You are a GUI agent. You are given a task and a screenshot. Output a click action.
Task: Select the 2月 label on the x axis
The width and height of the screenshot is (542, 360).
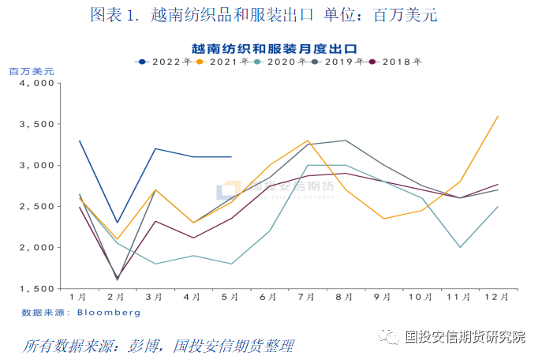(x=116, y=298)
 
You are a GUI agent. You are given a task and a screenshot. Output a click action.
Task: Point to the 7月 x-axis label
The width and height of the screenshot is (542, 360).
(x=307, y=298)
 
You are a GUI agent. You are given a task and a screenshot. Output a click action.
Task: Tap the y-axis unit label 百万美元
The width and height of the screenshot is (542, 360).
(x=31, y=71)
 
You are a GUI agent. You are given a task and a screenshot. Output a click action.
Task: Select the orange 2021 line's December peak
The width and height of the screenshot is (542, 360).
(x=497, y=116)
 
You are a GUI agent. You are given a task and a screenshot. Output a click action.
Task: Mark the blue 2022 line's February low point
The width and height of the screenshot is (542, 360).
(x=117, y=223)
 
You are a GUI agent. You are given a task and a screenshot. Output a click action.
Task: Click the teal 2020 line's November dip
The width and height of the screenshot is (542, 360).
(x=459, y=247)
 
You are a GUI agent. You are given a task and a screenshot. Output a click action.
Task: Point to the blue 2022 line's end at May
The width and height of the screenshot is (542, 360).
(x=231, y=157)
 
